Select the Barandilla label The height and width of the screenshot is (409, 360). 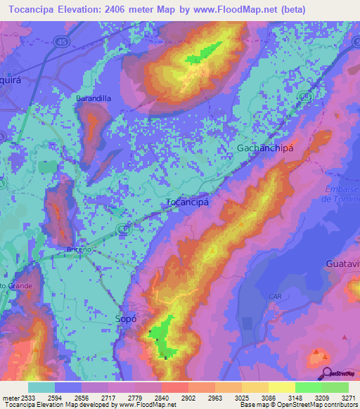click(x=94, y=99)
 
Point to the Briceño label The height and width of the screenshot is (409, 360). click(x=79, y=249)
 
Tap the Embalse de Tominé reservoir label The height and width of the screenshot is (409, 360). click(x=340, y=194)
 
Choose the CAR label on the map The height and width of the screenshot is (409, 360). click(x=275, y=297)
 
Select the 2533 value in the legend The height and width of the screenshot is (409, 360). click(x=27, y=397)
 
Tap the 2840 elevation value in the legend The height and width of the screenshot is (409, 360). click(x=161, y=397)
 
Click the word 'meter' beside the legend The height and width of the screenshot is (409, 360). click(x=8, y=397)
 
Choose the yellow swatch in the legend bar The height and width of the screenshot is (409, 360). click(x=282, y=387)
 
